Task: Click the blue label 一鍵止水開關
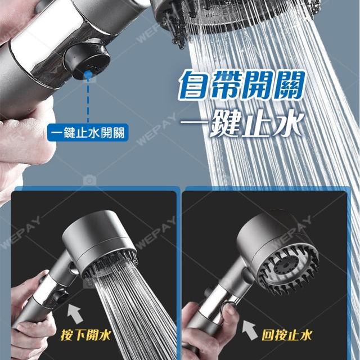pyautogui.click(x=88, y=133)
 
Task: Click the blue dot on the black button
pyautogui.click(x=88, y=74)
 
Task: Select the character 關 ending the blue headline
pyautogui.click(x=289, y=85)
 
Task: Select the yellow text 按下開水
pyautogui.click(x=85, y=335)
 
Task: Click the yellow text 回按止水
pyautogui.click(x=287, y=335)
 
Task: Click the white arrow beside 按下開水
pyautogui.click(x=75, y=313)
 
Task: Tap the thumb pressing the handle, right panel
pyautogui.click(x=230, y=314)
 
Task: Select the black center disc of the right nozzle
pyautogui.click(x=287, y=266)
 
